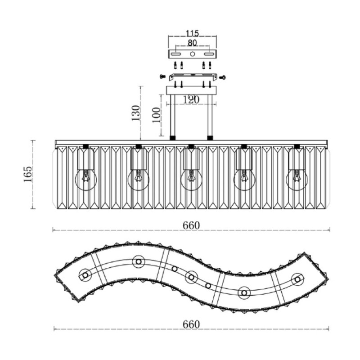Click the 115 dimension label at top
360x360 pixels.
pyautogui.click(x=192, y=33)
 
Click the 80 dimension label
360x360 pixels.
pyautogui.click(x=193, y=43)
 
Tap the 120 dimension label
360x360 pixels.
pyautogui.click(x=191, y=100)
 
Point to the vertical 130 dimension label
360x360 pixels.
pyautogui.click(x=135, y=113)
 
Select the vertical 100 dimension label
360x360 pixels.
pyautogui.click(x=156, y=115)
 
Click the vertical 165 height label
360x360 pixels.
pyautogui.click(x=28, y=174)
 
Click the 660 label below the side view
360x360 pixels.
pyautogui.click(x=191, y=225)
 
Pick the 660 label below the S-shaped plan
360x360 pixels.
pyautogui.click(x=191, y=324)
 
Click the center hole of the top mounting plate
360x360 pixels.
pyautogui.click(x=193, y=54)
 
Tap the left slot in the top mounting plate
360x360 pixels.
pyautogui.click(x=176, y=54)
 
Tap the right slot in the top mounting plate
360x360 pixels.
pyautogui.click(x=209, y=54)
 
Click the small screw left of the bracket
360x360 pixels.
pyautogui.click(x=162, y=76)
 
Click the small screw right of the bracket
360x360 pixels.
pyautogui.click(x=222, y=77)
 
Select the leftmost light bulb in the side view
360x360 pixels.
pyautogui.click(x=86, y=180)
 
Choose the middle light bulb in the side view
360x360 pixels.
pyautogui.click(x=191, y=180)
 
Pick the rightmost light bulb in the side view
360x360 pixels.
pyautogui.click(x=297, y=180)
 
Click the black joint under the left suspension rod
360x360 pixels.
pyautogui.click(x=172, y=138)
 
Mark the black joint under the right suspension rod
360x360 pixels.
pyautogui.click(x=210, y=138)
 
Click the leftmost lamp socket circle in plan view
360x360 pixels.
pyautogui.click(x=85, y=275)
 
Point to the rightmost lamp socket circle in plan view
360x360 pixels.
pyautogui.click(x=297, y=279)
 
